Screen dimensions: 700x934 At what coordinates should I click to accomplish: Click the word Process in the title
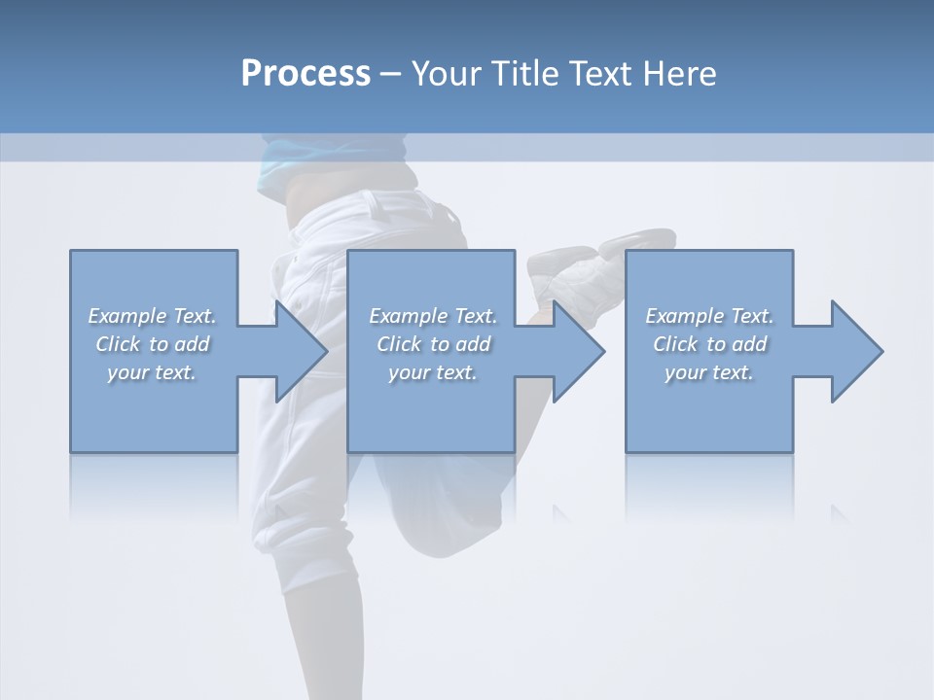(x=305, y=74)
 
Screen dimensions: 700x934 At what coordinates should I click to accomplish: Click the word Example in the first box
(x=127, y=316)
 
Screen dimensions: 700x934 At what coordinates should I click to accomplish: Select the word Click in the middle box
(x=397, y=344)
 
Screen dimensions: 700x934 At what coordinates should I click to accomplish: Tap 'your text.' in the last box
(x=709, y=372)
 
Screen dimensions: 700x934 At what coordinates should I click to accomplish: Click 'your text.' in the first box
(x=152, y=372)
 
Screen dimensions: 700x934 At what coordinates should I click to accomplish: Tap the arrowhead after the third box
(x=855, y=351)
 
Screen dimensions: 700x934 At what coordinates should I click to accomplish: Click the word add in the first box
(x=193, y=344)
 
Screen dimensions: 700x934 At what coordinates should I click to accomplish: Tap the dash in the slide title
(x=390, y=74)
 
